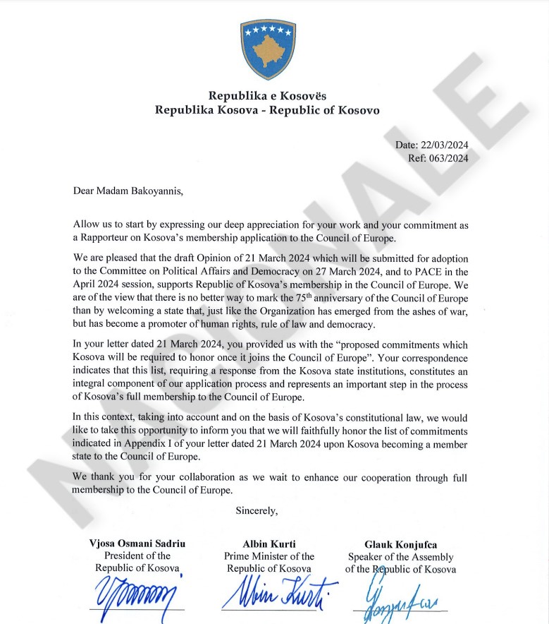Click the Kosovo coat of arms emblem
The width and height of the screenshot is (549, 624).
coord(267,49)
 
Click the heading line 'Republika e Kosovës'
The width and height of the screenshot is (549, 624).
coord(267,95)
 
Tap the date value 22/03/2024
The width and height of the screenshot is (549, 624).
coord(444,145)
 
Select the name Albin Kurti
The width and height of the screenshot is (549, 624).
coord(269,544)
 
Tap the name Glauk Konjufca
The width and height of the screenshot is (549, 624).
coord(400,545)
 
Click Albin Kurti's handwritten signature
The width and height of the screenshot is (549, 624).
coord(278,593)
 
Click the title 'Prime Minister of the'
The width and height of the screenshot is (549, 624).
coord(269,556)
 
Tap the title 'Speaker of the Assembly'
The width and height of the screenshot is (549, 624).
coord(400,557)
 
